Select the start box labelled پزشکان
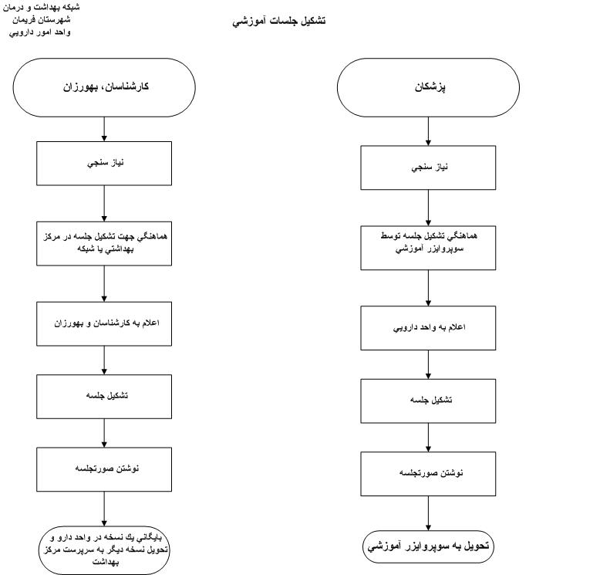430,86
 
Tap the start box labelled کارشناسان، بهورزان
105,86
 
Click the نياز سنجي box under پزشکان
429,167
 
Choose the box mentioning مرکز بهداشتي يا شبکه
104,244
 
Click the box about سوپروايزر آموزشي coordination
429,248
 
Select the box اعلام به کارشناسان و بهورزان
104,323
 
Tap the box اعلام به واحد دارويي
429,327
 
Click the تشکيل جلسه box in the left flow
104,395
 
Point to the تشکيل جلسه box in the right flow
429,401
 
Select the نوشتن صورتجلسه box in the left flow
104,469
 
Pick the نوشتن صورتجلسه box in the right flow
429,473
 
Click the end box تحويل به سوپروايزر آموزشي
429,546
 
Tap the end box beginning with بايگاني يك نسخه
104,550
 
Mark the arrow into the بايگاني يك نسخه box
104,509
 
